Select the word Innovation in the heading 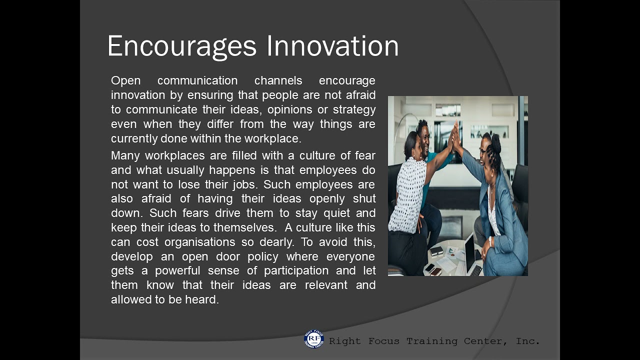click(332, 46)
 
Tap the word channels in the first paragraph click(278, 80)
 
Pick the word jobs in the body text click(243, 184)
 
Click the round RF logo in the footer click(314, 339)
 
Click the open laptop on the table click(471, 255)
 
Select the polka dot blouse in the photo click(407, 195)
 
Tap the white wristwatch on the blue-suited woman click(491, 241)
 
